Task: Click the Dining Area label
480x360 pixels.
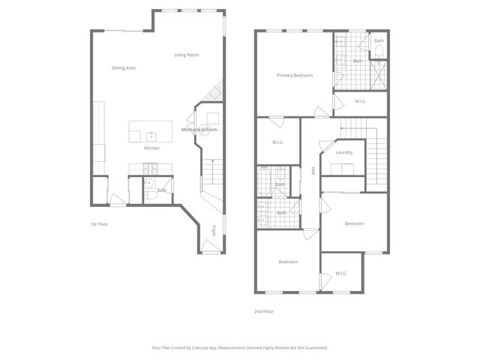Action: click(x=124, y=68)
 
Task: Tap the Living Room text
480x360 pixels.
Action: click(x=186, y=55)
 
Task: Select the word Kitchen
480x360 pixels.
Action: click(x=151, y=148)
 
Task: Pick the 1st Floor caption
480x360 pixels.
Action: click(x=100, y=223)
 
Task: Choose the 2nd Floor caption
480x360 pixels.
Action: click(x=264, y=310)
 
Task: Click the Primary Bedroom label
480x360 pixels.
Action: click(x=294, y=75)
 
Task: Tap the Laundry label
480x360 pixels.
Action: click(x=344, y=152)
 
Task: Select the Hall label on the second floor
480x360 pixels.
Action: click(x=313, y=171)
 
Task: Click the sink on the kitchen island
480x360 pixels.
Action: click(x=151, y=135)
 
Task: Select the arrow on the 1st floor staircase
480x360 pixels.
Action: click(x=212, y=162)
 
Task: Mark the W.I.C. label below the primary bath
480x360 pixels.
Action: click(x=360, y=101)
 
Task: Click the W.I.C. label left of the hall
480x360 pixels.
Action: click(x=277, y=142)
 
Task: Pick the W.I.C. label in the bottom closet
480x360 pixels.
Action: click(x=341, y=273)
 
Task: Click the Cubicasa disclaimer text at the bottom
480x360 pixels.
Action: click(x=240, y=347)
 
